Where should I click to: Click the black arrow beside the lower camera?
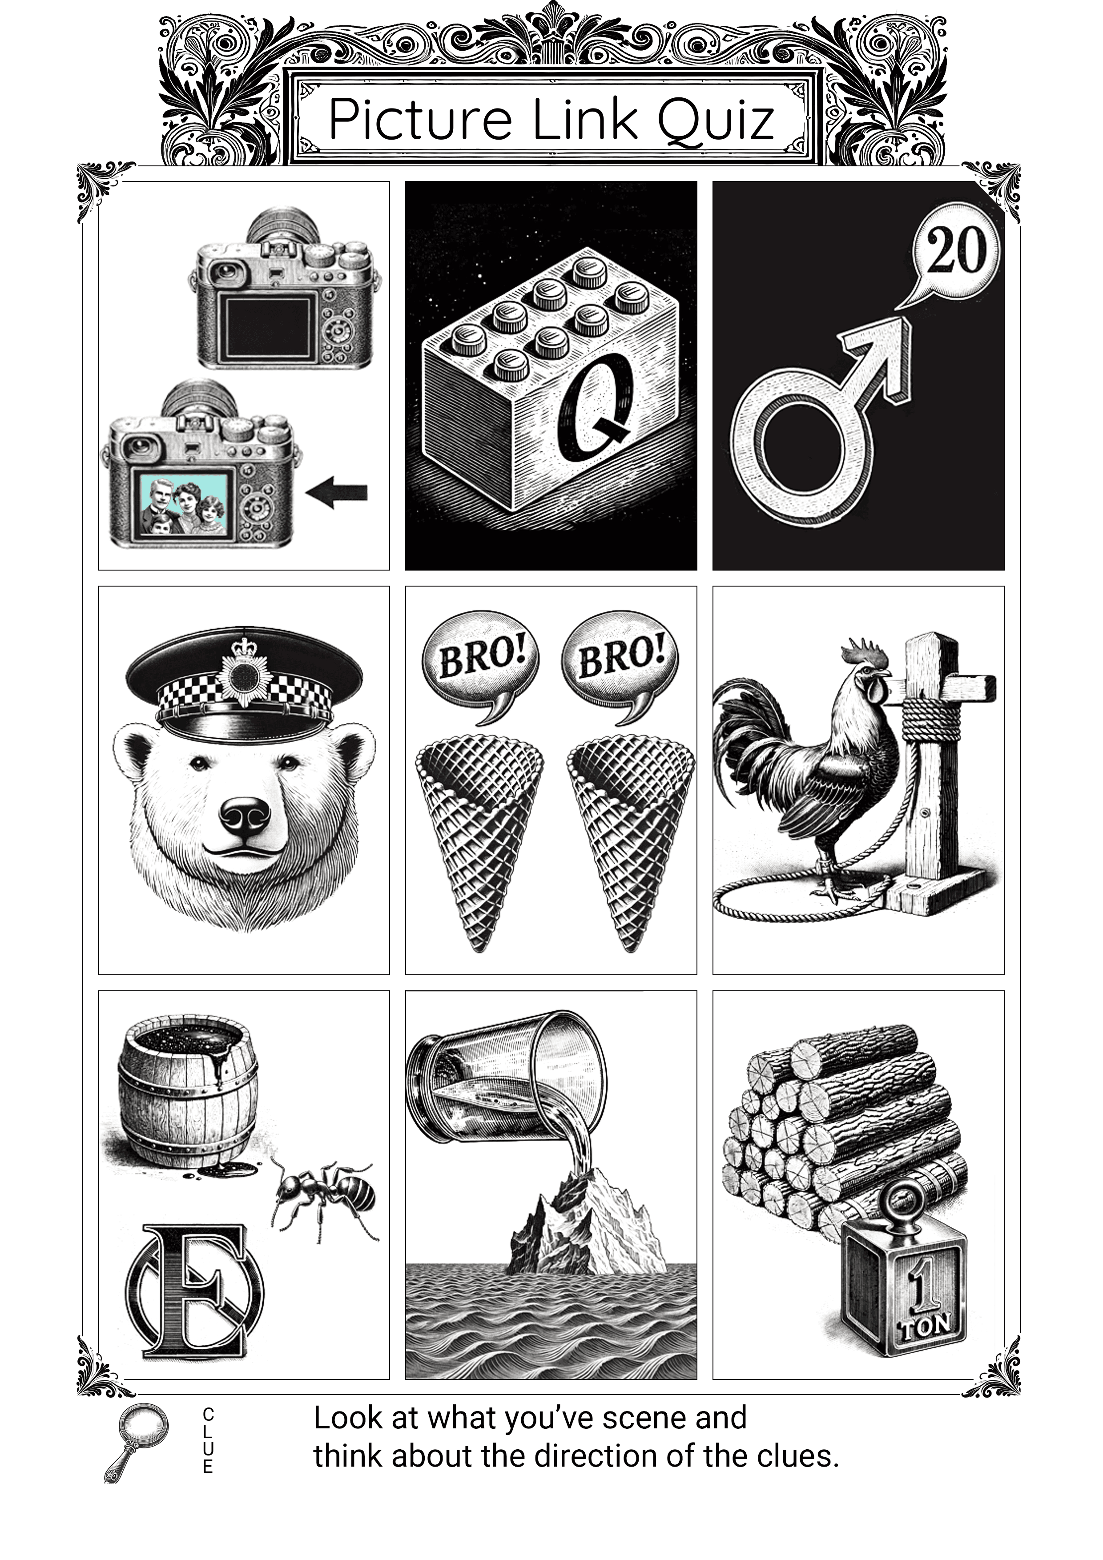pos(336,492)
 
